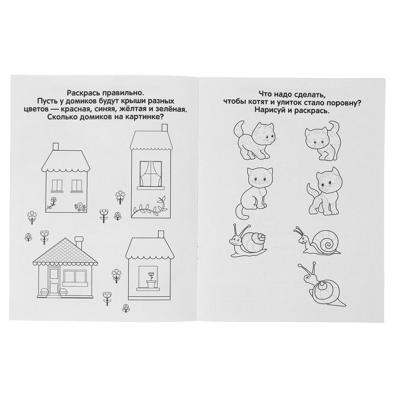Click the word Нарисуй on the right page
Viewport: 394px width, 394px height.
pos(272,110)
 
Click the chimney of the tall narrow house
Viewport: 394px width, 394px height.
pos(164,128)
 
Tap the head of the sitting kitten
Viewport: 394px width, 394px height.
pos(260,178)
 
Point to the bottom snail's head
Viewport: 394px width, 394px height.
pos(308,277)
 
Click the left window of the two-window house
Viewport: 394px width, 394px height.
pos(57,186)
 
